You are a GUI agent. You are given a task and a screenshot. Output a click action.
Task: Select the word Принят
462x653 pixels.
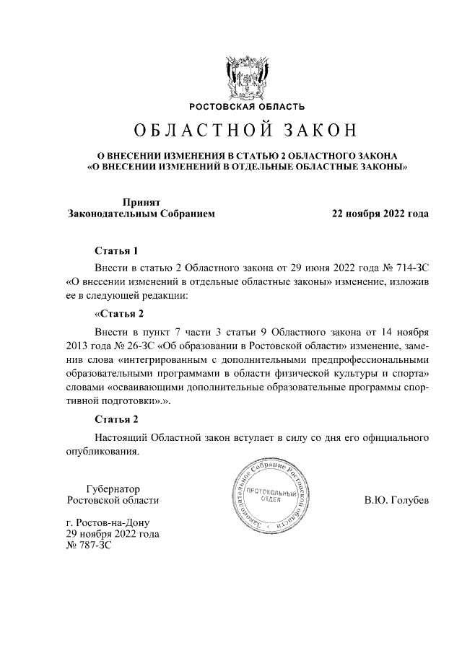tap(141, 202)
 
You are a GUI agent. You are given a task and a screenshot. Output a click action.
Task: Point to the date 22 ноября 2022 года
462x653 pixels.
tap(380, 214)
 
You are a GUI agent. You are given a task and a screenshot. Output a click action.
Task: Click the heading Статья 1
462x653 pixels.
tap(116, 251)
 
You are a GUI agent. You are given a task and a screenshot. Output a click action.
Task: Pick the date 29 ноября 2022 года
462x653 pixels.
tap(113, 534)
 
